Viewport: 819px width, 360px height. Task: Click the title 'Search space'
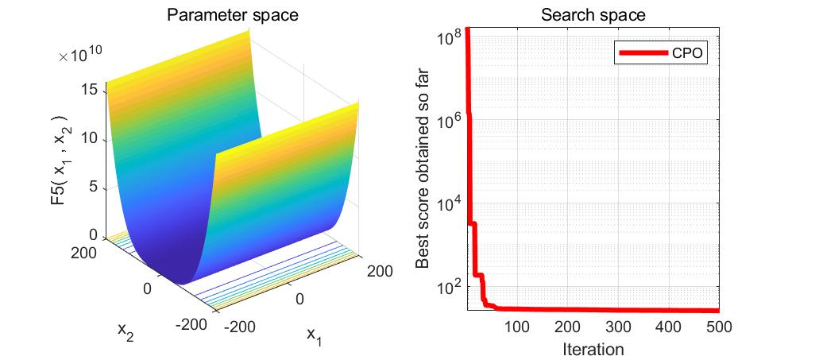click(593, 15)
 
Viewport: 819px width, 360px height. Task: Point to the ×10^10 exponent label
click(79, 56)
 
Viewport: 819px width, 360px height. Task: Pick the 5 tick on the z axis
click(93, 187)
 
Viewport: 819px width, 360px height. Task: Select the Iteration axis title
click(593, 348)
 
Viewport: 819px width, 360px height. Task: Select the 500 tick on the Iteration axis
click(718, 326)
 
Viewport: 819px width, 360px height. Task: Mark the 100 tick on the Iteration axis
click(517, 326)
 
